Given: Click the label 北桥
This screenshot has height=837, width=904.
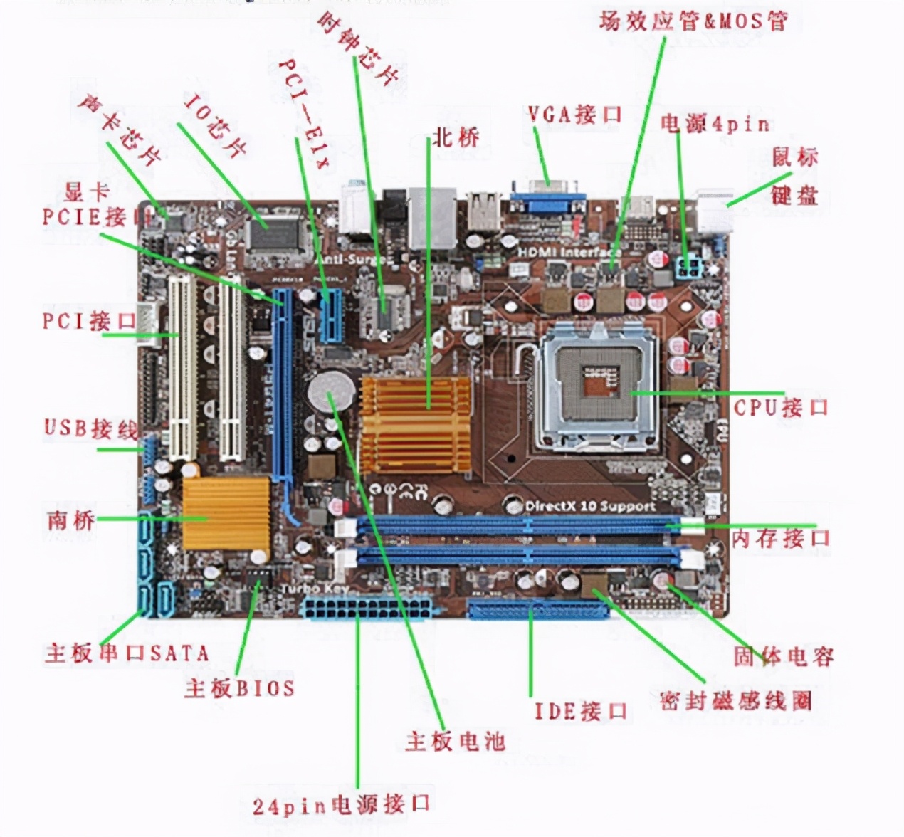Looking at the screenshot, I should click(x=456, y=137).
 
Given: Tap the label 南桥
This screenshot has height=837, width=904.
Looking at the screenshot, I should click(x=70, y=520).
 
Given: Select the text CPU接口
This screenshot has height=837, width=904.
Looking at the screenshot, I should click(x=781, y=408).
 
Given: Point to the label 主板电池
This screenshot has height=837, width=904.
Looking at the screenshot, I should click(x=456, y=741).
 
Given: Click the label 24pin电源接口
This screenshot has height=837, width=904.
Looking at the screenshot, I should click(x=342, y=805).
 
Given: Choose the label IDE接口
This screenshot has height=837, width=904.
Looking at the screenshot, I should click(x=581, y=710).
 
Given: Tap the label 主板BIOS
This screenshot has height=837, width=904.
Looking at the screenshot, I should click(x=239, y=688).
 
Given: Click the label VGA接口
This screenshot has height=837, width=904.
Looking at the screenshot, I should click(x=574, y=115).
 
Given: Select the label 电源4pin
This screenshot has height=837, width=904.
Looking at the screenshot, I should click(x=715, y=125).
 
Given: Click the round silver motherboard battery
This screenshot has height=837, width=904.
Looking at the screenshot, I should click(x=330, y=390).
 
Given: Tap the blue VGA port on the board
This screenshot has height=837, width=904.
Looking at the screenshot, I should click(x=548, y=198).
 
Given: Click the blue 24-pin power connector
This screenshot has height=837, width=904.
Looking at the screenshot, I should click(x=369, y=609).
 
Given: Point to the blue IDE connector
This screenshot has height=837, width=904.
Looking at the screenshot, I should click(x=539, y=609).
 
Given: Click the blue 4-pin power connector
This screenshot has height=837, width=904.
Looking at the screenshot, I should click(x=686, y=269).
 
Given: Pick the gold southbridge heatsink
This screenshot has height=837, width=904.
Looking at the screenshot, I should click(x=226, y=512).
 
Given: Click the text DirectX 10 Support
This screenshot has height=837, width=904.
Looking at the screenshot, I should click(x=589, y=506).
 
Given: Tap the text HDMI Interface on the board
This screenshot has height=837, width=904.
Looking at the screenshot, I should click(x=568, y=252).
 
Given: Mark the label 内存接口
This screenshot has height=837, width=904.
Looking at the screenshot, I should click(x=780, y=538).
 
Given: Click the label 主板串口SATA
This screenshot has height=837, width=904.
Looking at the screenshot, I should click(x=127, y=653).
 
